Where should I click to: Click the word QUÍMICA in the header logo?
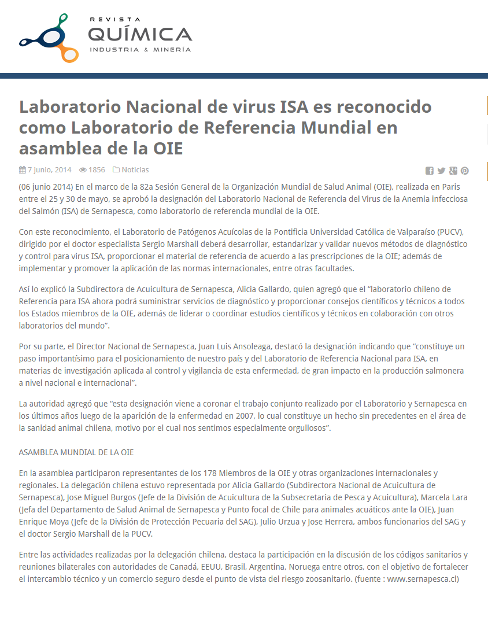point(139,34)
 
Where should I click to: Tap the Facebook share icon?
point(430,171)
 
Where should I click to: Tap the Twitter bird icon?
point(441,171)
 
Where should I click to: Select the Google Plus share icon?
point(453,171)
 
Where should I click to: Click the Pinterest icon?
point(464,171)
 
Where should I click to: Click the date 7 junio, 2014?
point(49,170)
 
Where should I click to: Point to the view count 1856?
point(97,170)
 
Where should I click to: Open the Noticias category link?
point(135,170)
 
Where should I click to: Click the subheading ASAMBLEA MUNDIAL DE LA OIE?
point(76,452)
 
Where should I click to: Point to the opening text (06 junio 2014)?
point(46,187)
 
